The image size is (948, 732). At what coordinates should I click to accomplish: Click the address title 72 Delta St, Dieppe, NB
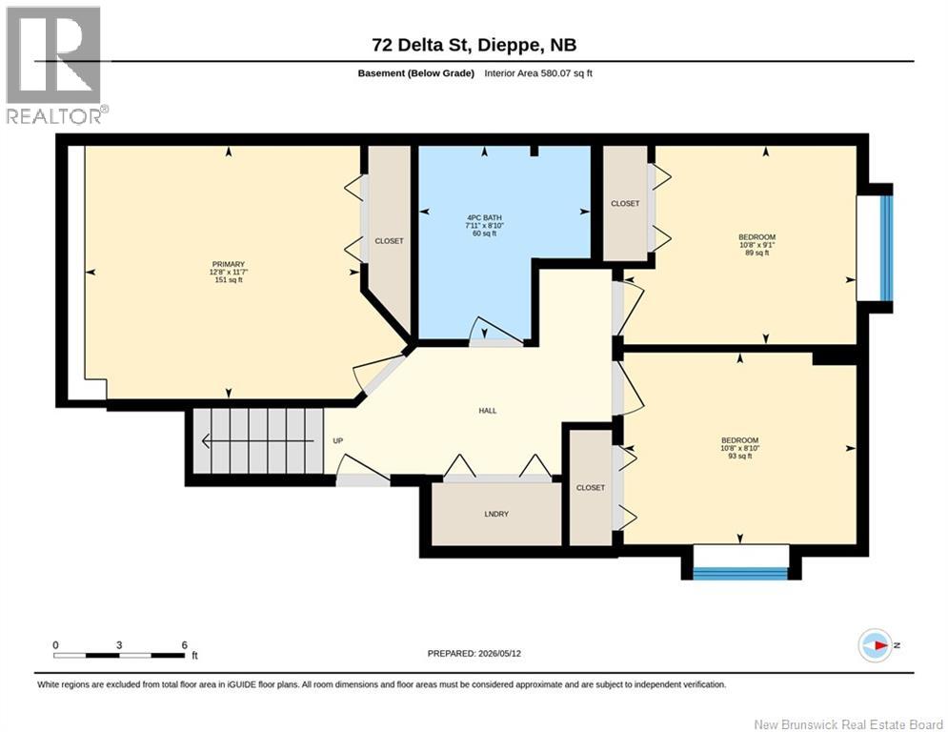[x=474, y=45]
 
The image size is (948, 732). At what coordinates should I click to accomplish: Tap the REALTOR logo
[x=56, y=66]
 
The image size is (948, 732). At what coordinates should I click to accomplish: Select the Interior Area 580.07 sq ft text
[x=538, y=73]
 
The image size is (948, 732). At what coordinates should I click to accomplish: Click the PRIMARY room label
[x=229, y=264]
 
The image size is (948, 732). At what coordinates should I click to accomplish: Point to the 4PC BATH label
[x=484, y=217]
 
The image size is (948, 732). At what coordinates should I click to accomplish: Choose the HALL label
[x=488, y=411]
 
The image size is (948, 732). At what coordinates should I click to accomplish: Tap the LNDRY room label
[x=496, y=515]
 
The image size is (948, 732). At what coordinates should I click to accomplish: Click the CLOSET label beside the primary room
[x=389, y=241]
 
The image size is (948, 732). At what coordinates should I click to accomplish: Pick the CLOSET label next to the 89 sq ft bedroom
[x=625, y=204]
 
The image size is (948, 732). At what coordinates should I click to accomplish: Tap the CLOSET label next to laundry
[x=591, y=488]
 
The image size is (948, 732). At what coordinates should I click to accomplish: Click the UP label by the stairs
[x=338, y=441]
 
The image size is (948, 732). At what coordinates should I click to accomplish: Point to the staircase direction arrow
[x=258, y=441]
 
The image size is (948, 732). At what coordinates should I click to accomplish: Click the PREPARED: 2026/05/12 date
[x=474, y=653]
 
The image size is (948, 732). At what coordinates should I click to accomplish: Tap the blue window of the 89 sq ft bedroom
[x=886, y=248]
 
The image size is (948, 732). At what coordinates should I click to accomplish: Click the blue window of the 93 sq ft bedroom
[x=740, y=574]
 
